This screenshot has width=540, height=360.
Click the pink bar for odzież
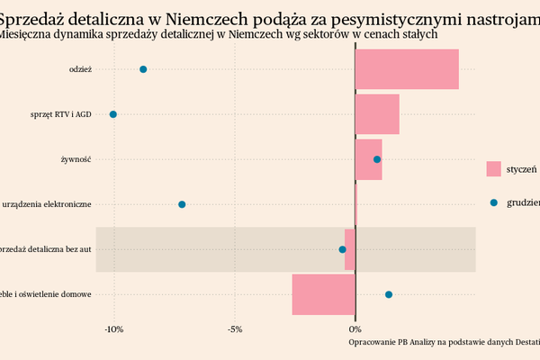pos(407,69)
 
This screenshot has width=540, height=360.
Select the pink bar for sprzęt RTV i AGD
pos(377,114)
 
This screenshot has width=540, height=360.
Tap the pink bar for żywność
pos(368,159)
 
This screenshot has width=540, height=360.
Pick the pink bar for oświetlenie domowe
pos(323,294)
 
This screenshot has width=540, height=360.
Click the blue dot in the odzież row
pos(143,69)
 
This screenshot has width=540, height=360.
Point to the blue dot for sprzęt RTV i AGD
pos(113,114)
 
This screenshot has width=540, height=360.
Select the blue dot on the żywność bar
pos(377,159)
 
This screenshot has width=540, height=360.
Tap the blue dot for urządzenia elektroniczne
pos(182,204)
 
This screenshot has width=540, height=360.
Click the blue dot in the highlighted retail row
pos(342,249)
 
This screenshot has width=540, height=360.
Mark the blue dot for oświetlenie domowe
pos(389,294)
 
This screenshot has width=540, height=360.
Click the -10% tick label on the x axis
pos(114,328)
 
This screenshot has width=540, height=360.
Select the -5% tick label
pos(235,328)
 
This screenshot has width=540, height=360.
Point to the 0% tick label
pos(355,328)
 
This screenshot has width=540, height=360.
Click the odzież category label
pos(80,69)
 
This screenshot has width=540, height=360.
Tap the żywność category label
pos(76,159)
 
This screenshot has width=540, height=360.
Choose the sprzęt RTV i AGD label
pos(60,114)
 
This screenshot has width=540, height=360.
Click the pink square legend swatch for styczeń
pos(493,168)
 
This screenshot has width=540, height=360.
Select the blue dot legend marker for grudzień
pos(493,202)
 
